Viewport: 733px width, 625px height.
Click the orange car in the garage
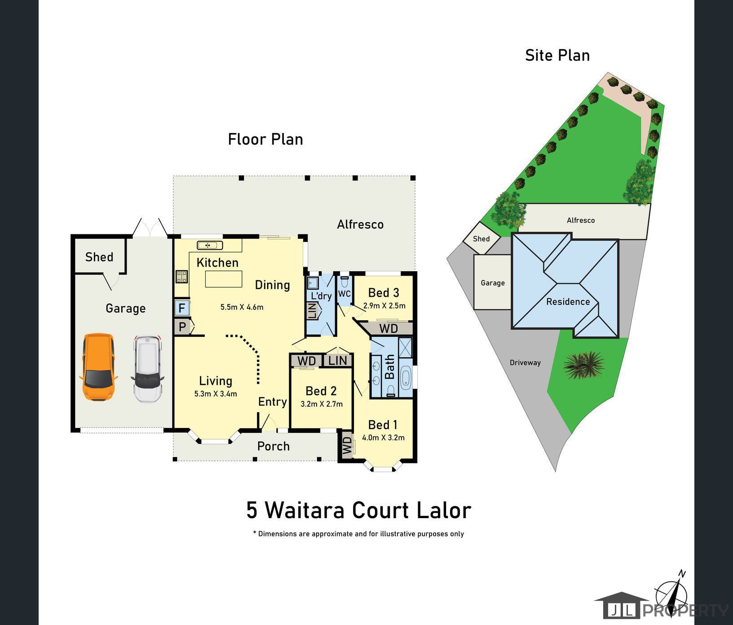point(98,366)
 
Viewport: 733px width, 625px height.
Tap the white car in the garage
point(147,369)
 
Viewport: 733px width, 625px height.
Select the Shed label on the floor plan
point(99,257)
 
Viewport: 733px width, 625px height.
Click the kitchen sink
point(210,245)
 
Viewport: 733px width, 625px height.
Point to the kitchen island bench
point(224,279)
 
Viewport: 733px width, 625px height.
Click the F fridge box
point(182,308)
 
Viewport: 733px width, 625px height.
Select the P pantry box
point(182,327)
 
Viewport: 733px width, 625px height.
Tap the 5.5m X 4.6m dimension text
point(242,307)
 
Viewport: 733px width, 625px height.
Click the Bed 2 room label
point(321,391)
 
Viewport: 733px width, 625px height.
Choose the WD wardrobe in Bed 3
point(389,329)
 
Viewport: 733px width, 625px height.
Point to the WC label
point(344,294)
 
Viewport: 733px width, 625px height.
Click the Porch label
point(273,446)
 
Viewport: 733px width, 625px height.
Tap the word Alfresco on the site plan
point(580,220)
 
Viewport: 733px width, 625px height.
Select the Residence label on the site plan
point(568,302)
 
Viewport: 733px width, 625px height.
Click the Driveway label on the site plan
point(525,363)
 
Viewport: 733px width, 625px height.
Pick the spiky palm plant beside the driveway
point(583,365)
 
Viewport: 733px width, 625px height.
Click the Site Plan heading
point(557,56)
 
